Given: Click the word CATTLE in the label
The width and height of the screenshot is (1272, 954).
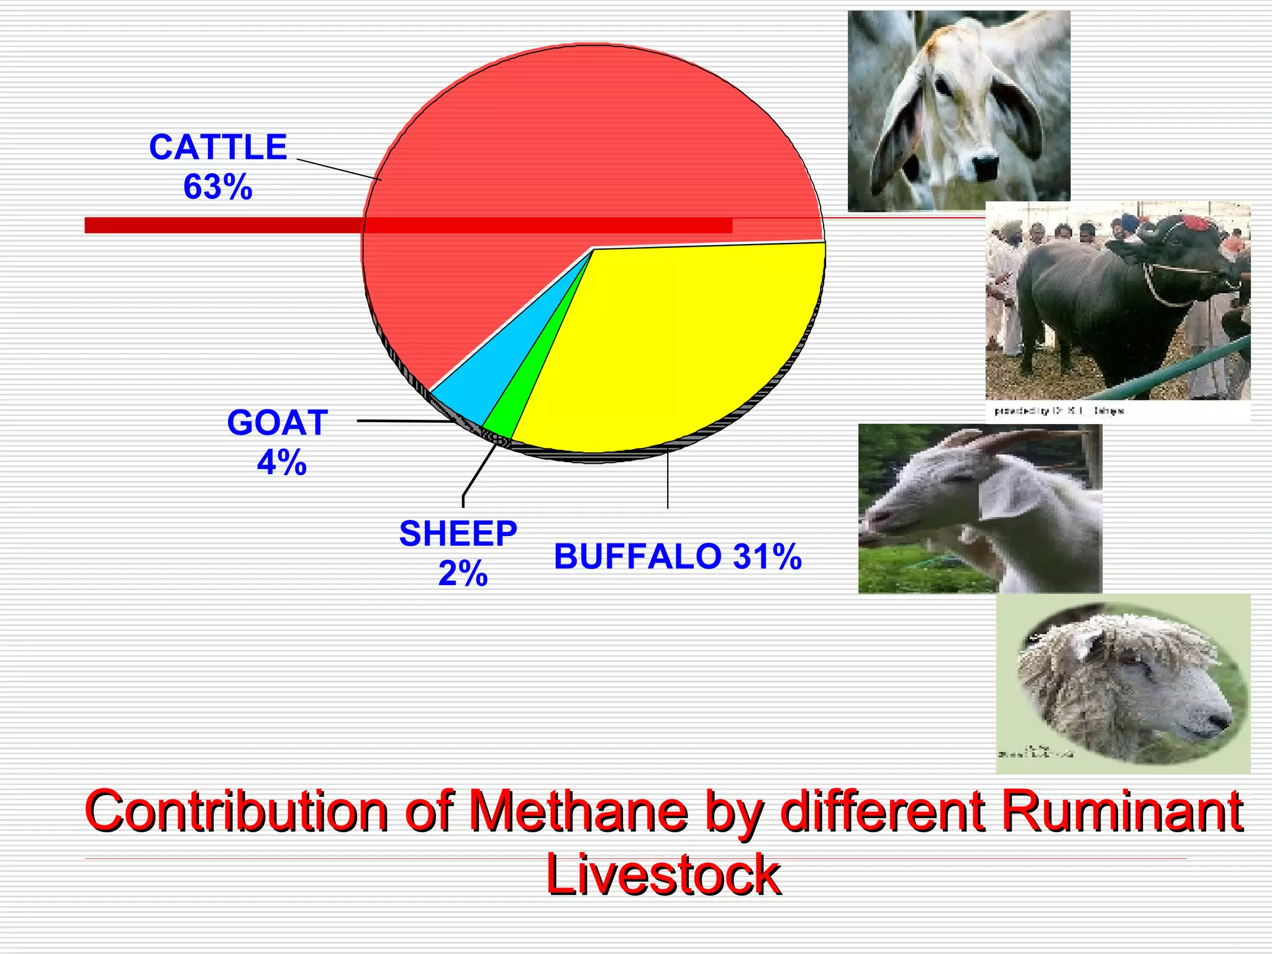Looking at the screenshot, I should click(x=218, y=148).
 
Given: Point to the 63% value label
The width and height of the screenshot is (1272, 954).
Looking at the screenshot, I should click(x=218, y=187).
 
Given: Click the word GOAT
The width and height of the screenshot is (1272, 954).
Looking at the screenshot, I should click(x=278, y=423).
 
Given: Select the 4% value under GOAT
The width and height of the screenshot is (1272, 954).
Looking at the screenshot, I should click(x=282, y=463).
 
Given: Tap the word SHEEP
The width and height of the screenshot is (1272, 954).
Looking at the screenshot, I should click(x=458, y=534).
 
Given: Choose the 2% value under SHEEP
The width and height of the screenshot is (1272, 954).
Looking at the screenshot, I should click(x=463, y=573).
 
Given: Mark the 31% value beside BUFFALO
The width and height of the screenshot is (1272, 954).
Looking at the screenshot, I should click(x=768, y=556).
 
